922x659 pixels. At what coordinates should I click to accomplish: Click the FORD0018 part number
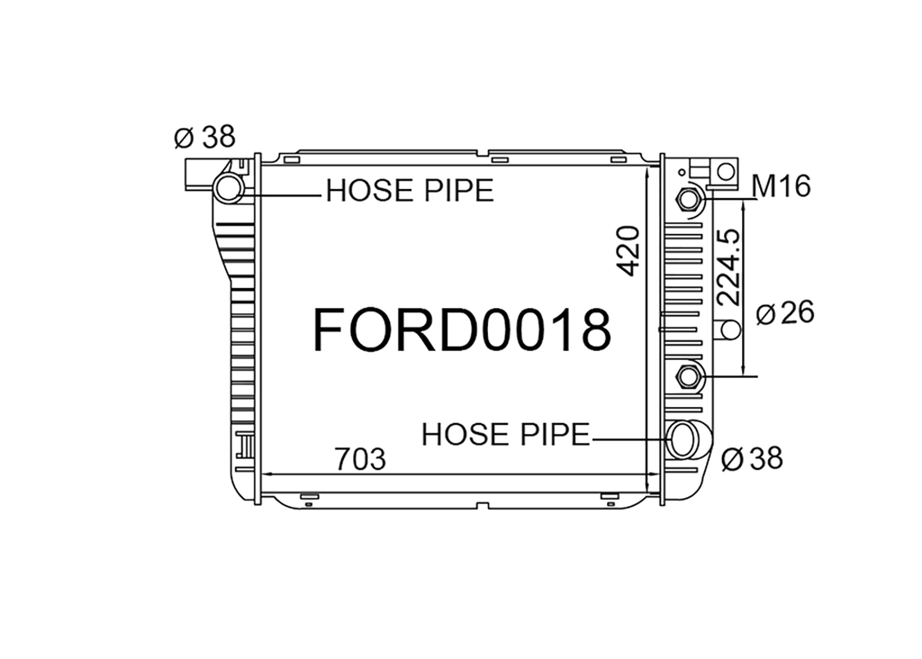[462, 329]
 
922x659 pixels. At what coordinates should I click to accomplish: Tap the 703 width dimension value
[360, 459]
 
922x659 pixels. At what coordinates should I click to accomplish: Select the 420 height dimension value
[628, 251]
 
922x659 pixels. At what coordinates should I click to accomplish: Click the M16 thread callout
[782, 186]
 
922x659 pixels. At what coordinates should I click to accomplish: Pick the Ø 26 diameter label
[785, 312]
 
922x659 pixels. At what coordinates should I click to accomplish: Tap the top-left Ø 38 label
[204, 137]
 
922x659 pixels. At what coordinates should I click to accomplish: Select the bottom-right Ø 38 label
[752, 458]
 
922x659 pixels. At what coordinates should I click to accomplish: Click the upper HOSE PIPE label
[410, 191]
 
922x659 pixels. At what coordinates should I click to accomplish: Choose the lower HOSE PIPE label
[506, 435]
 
